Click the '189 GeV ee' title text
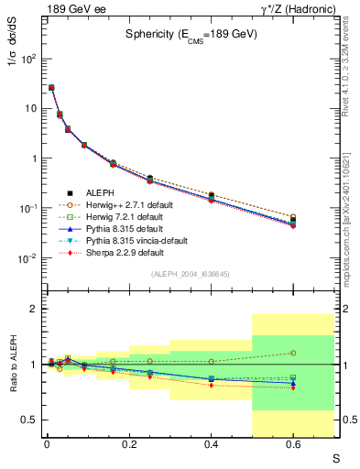tap(72, 8)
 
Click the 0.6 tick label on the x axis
tap(293, 445)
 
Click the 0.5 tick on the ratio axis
tap(26, 420)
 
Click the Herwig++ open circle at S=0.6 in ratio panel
tap(293, 353)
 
